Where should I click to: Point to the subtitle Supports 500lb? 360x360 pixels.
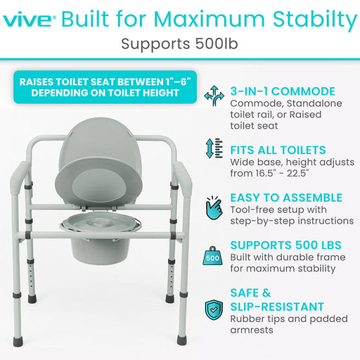coord(180,44)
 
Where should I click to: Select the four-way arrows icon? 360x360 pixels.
coord(214,96)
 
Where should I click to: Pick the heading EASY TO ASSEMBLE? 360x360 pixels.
coord(287,198)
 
